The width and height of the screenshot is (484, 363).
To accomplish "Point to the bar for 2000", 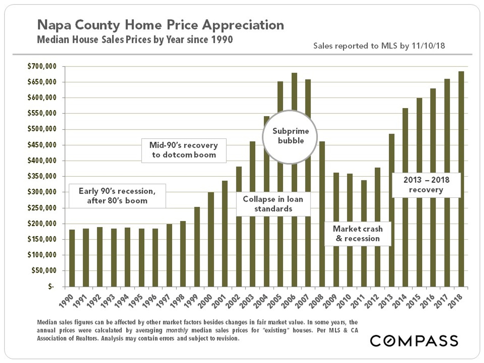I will click(211, 240).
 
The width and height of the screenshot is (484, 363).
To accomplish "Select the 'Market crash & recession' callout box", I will click(358, 234).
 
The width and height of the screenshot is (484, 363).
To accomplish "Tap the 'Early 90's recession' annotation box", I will click(117, 195).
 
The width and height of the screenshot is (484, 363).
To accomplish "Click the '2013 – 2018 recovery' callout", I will click(426, 185).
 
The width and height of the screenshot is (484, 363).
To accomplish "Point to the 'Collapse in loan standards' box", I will click(273, 204).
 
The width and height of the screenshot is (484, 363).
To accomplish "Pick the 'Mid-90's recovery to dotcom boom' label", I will click(184, 150).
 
